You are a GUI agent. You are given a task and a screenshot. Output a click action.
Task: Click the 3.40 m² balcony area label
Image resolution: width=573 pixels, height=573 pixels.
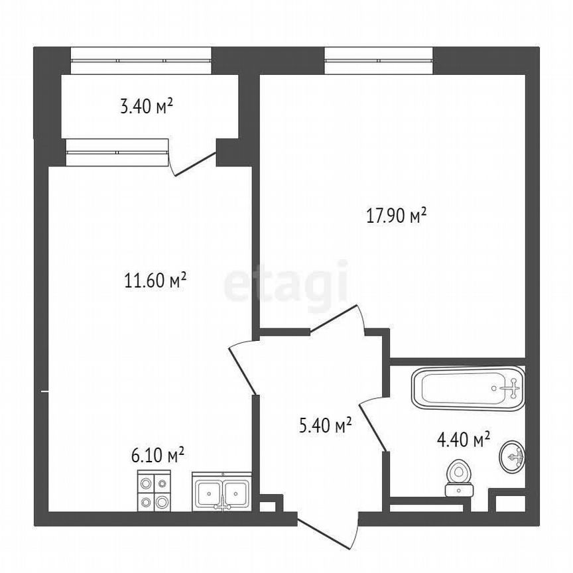pos(147,105)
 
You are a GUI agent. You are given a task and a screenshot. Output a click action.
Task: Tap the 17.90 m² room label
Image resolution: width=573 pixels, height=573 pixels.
pos(396,215)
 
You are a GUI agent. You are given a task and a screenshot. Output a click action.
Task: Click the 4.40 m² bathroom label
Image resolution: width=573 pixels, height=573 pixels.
pos(463,438)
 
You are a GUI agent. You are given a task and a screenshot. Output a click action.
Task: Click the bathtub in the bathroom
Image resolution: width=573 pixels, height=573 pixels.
pos(468,389)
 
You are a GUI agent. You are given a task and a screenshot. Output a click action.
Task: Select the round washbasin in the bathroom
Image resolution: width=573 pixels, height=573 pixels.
pos(512,456)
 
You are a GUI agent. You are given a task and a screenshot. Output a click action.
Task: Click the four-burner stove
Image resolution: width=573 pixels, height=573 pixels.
pos(154,490)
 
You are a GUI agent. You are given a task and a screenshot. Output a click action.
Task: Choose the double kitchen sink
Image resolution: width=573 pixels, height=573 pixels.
pos(222,491)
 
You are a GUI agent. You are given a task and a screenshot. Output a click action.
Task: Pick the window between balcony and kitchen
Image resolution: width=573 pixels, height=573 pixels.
pos(117,152)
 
